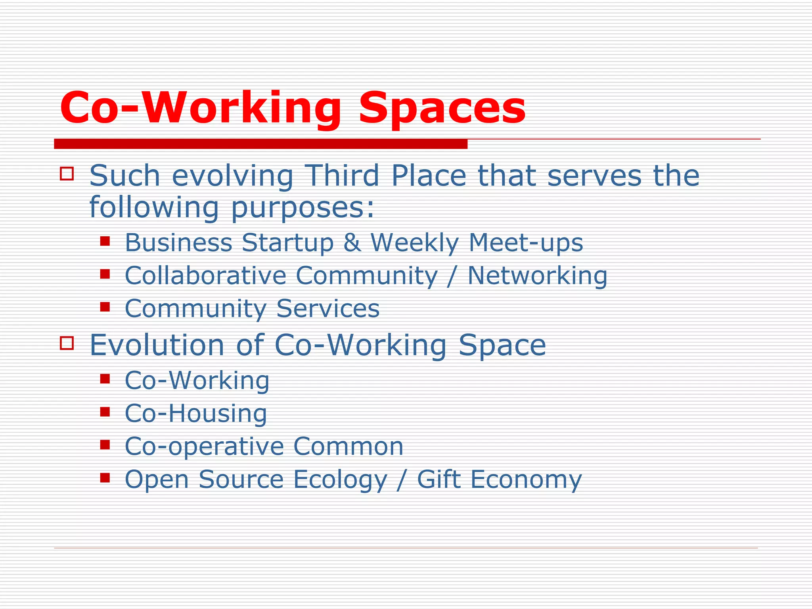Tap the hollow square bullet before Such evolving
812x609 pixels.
click(x=67, y=174)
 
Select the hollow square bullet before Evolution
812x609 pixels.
click(x=67, y=343)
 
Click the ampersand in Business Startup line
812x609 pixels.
click(x=352, y=242)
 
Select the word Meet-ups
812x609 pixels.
click(x=526, y=243)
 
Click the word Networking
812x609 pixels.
click(x=537, y=276)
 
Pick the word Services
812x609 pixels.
click(x=328, y=308)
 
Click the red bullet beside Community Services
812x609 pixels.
click(x=105, y=306)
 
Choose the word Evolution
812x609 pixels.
click(x=157, y=345)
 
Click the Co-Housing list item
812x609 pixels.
click(x=196, y=413)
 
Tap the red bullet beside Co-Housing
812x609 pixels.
click(x=105, y=412)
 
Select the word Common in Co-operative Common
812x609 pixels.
click(x=348, y=446)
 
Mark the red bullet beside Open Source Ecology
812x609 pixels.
click(x=105, y=477)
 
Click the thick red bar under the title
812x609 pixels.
click(x=260, y=144)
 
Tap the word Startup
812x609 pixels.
click(x=288, y=243)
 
